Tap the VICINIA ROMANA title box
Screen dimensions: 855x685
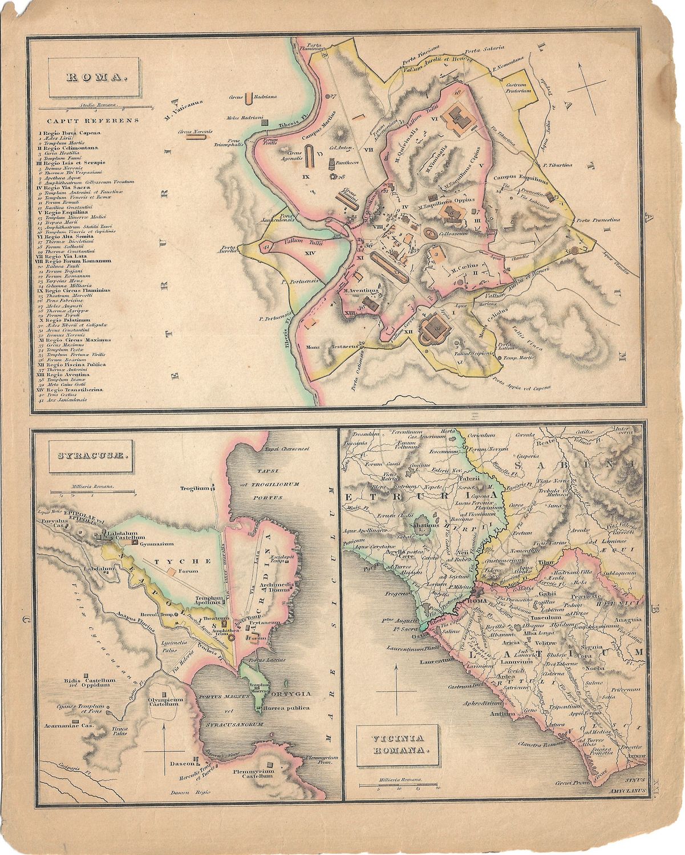[x=398, y=746]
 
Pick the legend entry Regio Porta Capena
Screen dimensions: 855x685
[x=69, y=133]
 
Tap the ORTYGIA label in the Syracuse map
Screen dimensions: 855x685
[x=292, y=694]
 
